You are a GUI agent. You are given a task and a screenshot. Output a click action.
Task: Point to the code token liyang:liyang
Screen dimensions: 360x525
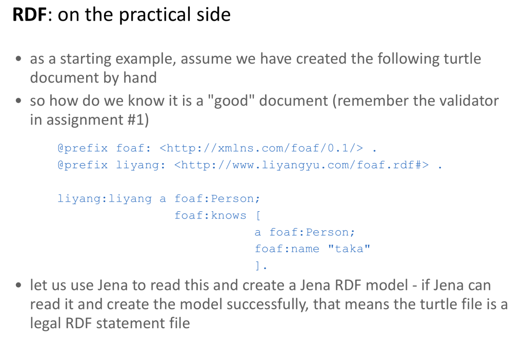point(105,198)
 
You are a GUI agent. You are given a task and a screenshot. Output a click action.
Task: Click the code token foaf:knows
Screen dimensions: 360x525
point(210,215)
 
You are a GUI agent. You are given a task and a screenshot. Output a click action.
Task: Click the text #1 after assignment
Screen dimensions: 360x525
point(135,119)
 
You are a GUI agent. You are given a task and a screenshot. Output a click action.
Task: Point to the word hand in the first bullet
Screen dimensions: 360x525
point(140,77)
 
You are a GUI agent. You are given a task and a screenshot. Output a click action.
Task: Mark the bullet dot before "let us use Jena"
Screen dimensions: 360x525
point(18,286)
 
